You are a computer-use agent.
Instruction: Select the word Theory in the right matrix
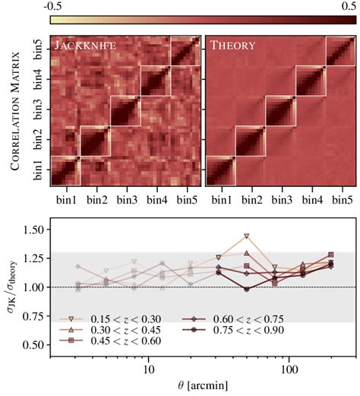(x=233, y=45)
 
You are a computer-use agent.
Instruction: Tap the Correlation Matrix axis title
(x=12, y=111)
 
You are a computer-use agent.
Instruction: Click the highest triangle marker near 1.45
(x=246, y=236)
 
